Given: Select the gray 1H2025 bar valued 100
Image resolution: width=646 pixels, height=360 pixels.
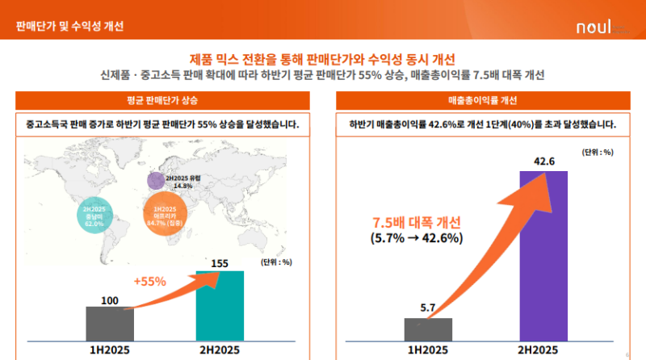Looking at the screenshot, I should click(x=110, y=323).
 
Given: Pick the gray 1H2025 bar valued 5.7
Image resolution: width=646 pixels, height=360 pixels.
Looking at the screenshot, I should click(x=428, y=329).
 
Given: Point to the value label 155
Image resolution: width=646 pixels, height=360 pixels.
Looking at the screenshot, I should click(x=220, y=263).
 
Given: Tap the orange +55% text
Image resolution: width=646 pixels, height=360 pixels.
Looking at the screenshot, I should click(x=149, y=282).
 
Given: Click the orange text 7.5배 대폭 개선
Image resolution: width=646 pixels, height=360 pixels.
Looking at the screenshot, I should click(x=415, y=223).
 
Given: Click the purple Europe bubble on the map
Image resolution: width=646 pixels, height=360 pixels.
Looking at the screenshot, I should click(x=156, y=180).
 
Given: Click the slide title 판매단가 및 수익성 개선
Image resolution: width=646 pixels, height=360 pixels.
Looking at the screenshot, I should click(x=70, y=26).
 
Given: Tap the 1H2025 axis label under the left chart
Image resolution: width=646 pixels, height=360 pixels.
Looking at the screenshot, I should click(x=110, y=350).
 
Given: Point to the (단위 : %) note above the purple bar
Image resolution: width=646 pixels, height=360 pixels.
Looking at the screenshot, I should click(x=597, y=152).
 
